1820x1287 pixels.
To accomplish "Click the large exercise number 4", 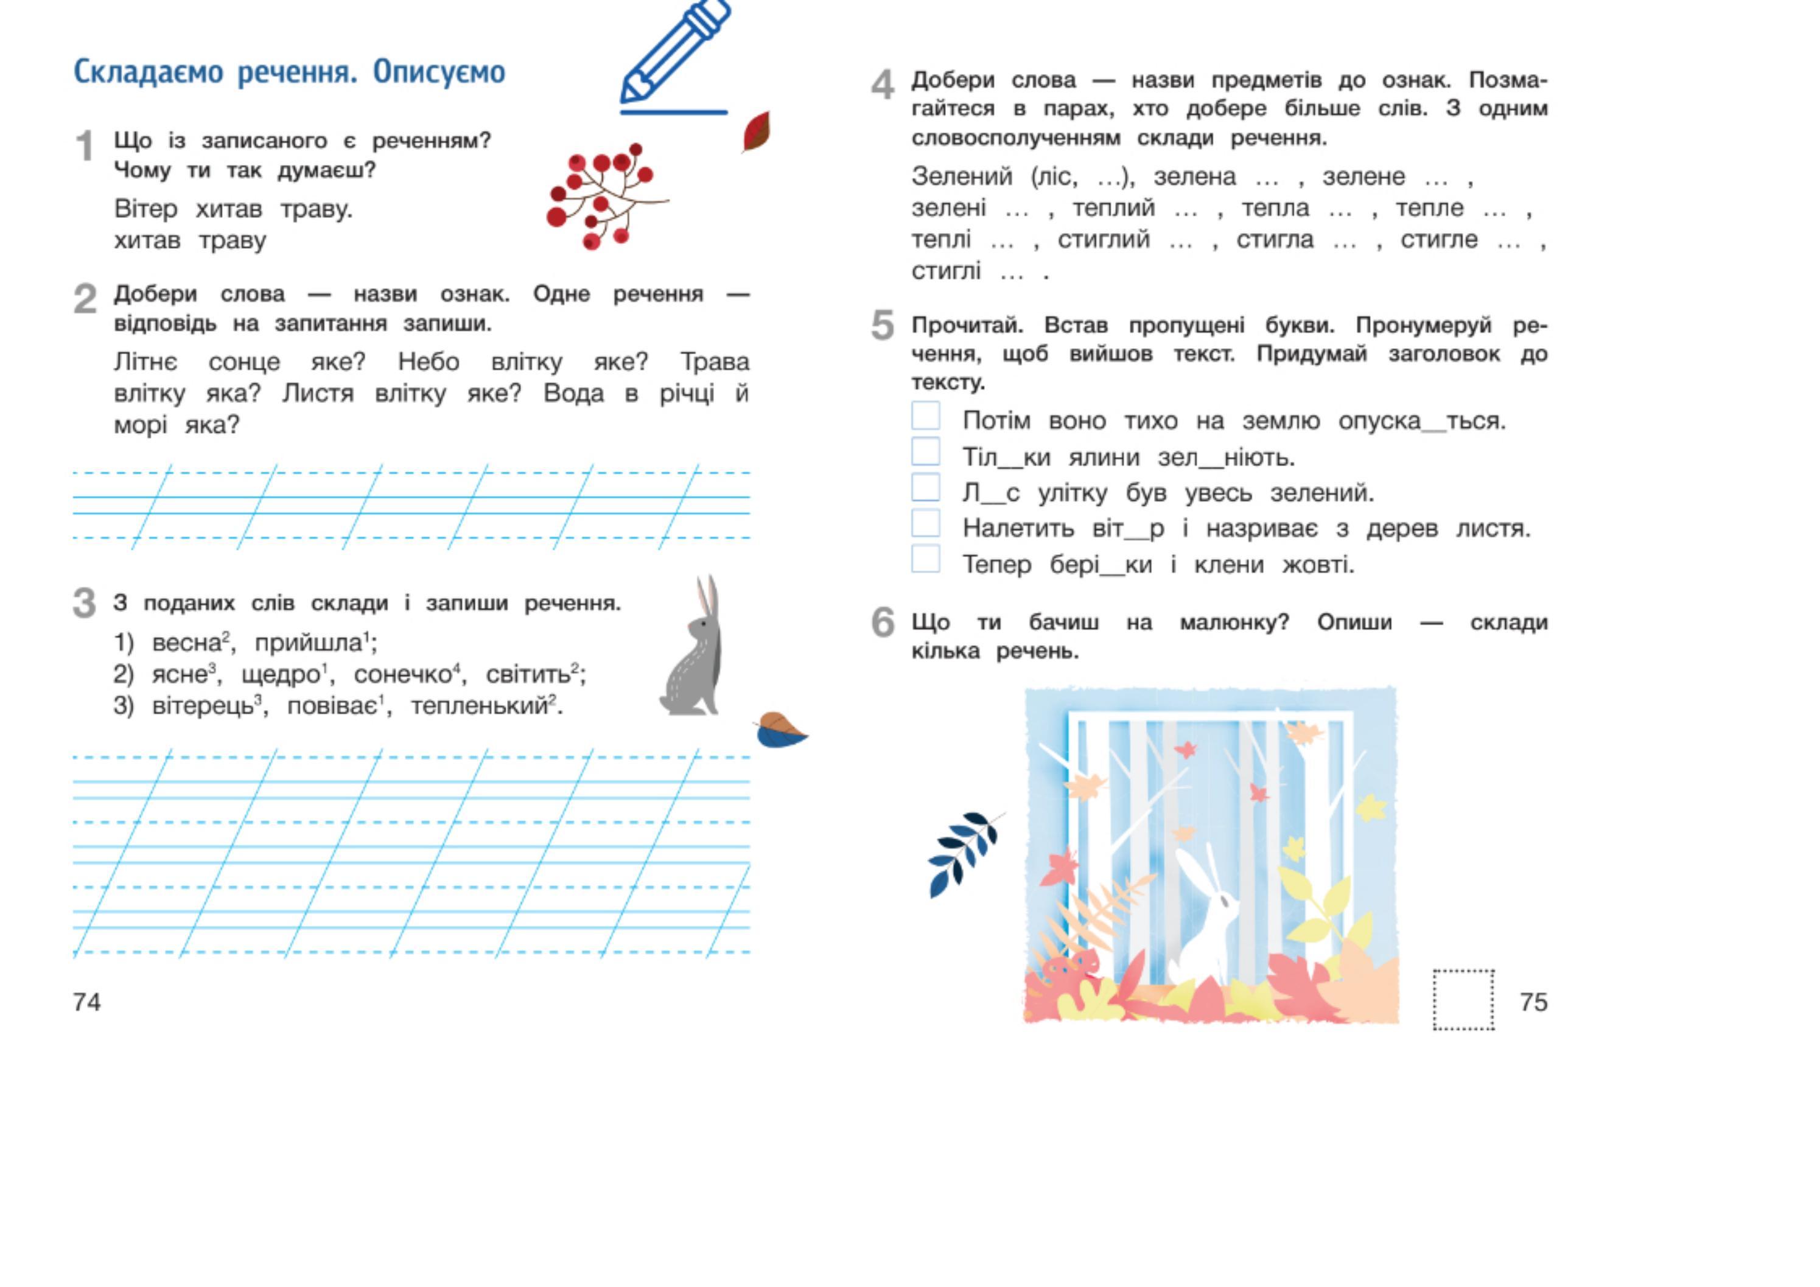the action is click(x=882, y=85).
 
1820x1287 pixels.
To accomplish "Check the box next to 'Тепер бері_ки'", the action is click(x=925, y=559).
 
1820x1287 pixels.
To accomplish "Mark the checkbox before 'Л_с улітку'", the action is click(x=925, y=487).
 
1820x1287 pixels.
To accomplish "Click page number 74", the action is click(x=87, y=1002).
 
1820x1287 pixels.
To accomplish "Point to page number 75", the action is click(x=1533, y=1002).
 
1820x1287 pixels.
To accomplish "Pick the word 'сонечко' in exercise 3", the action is click(x=403, y=675).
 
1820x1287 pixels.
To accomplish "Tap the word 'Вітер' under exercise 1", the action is click(x=146, y=209).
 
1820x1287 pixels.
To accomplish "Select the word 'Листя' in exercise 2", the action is click(x=318, y=394).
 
